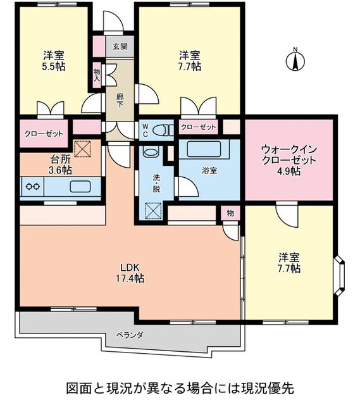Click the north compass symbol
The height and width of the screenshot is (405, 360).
tap(295, 61)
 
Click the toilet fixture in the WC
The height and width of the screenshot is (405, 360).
tap(163, 130)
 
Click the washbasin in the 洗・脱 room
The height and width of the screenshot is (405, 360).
tap(151, 152)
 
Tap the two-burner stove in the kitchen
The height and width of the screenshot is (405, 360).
tap(33, 187)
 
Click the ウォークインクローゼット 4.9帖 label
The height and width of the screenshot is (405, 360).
tap(288, 160)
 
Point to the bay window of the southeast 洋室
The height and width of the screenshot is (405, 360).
tap(339, 269)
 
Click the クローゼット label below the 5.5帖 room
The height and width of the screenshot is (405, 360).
tap(44, 134)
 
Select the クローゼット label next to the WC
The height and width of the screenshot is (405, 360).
tap(198, 128)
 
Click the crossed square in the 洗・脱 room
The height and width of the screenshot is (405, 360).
tap(153, 209)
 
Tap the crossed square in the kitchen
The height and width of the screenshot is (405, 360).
tap(84, 149)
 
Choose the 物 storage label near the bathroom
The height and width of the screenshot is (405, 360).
tap(230, 213)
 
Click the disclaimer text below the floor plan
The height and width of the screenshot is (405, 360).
tap(180, 386)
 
